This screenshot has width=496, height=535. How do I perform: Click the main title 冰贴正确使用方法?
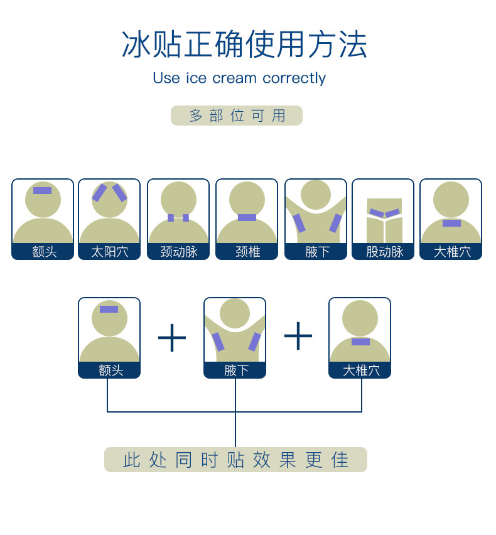pos(244,44)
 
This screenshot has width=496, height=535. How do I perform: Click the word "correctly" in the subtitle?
pos(294,78)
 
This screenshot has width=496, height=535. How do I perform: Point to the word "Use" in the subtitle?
pos(166,78)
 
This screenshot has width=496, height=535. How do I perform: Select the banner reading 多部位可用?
pos(237,116)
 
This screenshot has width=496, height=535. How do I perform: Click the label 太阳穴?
pos(109,252)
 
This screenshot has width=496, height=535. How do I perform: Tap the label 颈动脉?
pos(178,252)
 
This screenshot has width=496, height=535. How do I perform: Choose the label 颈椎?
pos(247,252)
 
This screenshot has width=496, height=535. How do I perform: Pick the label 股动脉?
pos(383,252)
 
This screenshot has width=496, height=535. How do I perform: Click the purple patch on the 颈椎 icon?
pos(247,217)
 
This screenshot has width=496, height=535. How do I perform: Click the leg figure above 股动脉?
pos(384,220)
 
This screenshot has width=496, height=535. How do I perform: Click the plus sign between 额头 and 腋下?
pos(172,338)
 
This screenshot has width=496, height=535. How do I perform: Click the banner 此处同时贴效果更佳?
pos(235,460)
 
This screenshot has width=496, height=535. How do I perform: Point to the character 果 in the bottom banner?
pos(288,460)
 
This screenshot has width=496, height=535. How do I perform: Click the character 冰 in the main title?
pos(136,44)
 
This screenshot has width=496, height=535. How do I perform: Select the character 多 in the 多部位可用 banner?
pos(196,116)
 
